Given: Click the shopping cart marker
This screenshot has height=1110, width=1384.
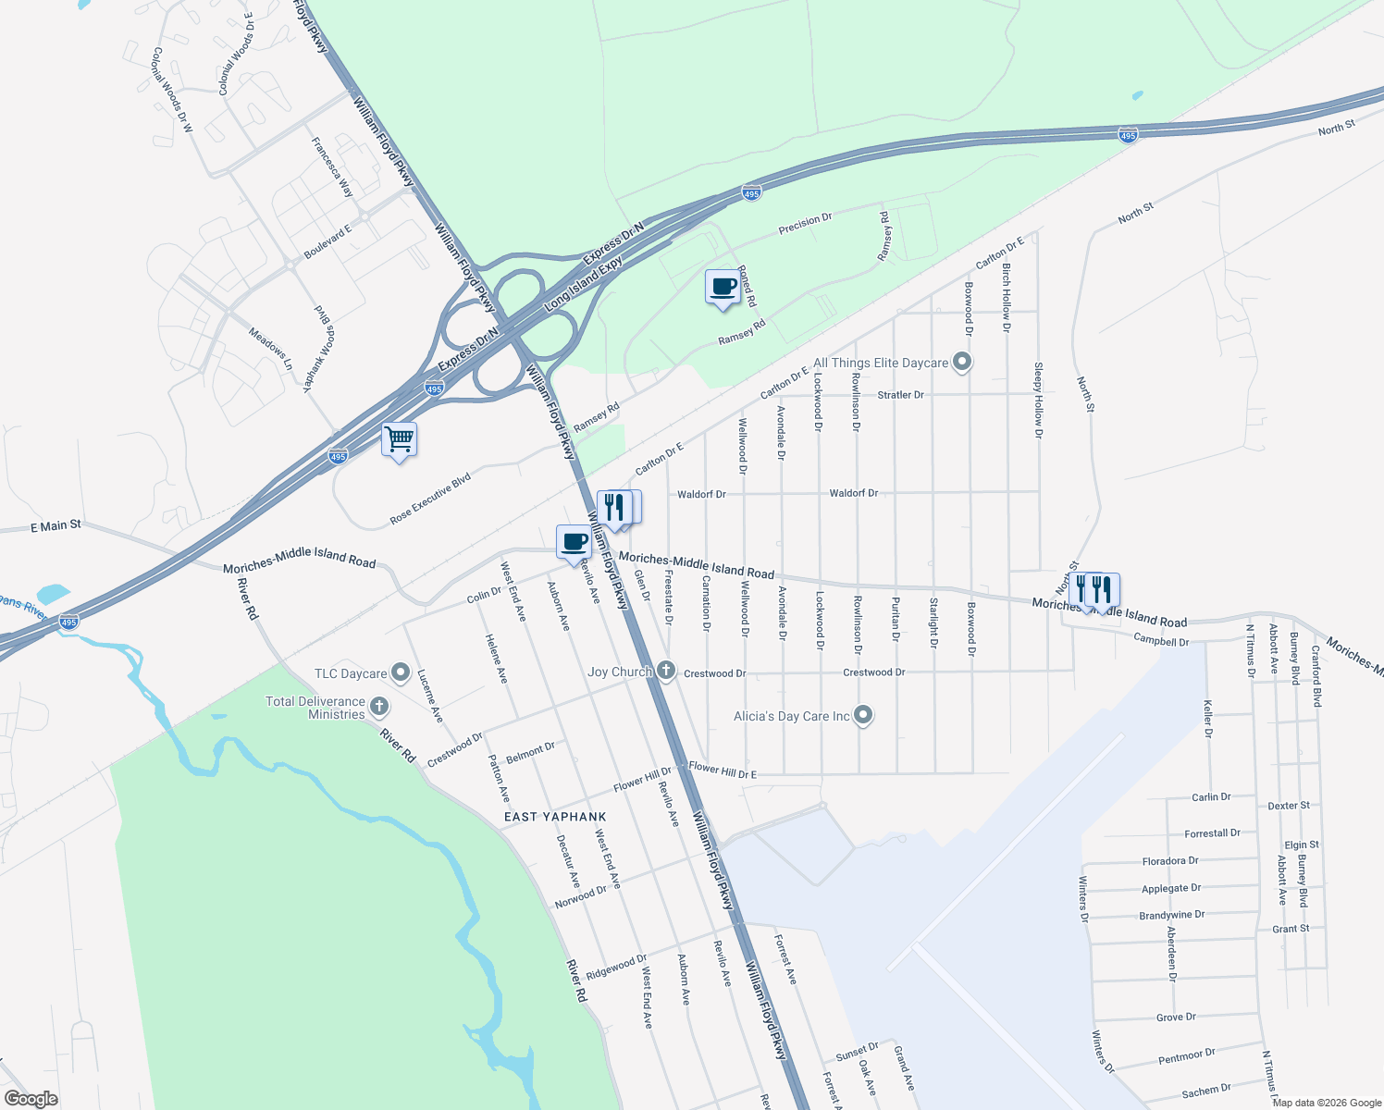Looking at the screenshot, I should point(399,438).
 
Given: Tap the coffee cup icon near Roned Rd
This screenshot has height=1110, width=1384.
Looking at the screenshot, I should point(723,287).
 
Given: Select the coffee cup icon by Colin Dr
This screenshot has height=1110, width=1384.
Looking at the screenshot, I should point(574,542).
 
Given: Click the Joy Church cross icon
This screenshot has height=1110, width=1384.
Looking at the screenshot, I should point(666,671).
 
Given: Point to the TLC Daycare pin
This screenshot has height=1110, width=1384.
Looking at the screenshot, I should point(401,672).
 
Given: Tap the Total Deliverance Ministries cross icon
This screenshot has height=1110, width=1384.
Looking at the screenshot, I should point(378,708).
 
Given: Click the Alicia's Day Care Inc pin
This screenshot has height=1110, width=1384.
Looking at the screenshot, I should point(863,714).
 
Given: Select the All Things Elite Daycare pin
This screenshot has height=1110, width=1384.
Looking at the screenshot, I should point(962,362).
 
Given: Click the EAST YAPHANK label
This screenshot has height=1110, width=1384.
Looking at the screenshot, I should point(555,817).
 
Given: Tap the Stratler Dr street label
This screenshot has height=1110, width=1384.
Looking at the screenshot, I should point(900,395).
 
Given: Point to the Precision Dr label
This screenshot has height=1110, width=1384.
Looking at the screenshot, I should point(805,223).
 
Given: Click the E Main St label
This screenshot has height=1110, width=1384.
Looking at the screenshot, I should point(56,526).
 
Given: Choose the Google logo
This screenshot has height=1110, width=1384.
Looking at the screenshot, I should point(31,1099).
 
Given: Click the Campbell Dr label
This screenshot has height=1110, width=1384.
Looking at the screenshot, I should point(1161,640).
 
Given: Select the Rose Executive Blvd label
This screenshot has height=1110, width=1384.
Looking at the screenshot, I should point(430,499).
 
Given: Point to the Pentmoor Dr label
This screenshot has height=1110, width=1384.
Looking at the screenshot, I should point(1186,1056).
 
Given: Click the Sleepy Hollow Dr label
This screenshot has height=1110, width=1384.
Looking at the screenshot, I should point(1038,400).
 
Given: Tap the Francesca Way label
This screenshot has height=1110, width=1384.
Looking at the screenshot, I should point(332,166).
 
